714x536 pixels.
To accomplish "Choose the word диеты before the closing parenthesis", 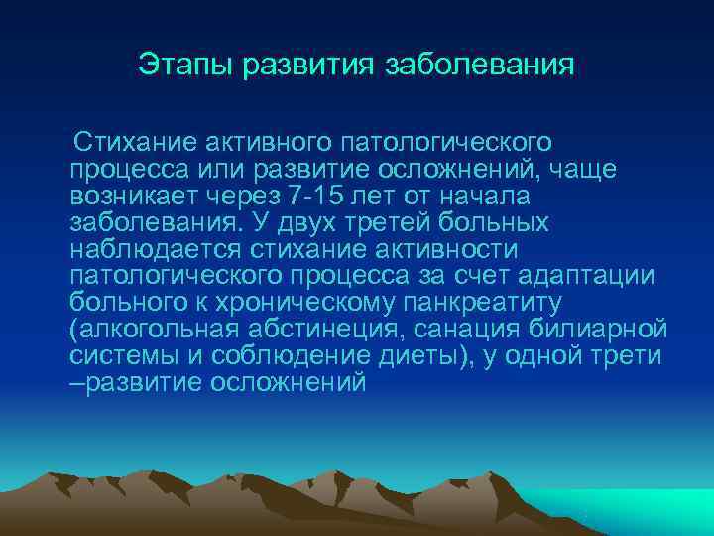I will point(423,355).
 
